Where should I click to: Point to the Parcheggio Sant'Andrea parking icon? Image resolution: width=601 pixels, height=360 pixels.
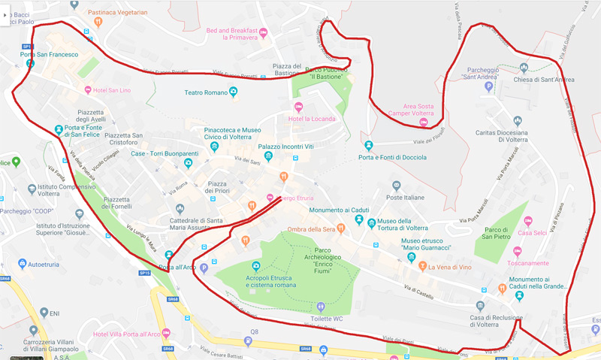488,87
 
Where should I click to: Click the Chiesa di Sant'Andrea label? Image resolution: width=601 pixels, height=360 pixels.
544,80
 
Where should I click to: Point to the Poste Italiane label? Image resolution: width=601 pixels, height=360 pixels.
403,198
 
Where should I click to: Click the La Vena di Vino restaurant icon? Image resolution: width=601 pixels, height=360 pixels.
423,267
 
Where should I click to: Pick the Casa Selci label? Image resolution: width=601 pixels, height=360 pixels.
531,233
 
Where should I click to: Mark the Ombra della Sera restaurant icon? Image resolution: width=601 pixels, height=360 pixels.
341,228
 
